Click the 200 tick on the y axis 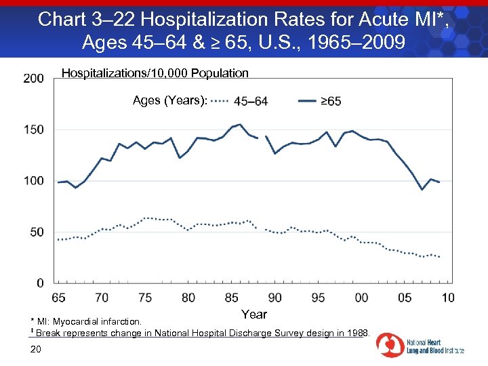coord(33,79)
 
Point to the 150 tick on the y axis coord(33,129)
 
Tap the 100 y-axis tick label coord(33,181)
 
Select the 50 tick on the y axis coord(36,232)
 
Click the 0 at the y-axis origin coord(40,283)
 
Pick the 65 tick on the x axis coord(58,298)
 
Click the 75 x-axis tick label coord(145,298)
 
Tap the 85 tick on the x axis coord(232,298)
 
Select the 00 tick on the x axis coord(361,298)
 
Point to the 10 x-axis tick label coord(448,298)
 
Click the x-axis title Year coord(254,314)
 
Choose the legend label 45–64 coord(251,102)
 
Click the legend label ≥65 coord(331,102)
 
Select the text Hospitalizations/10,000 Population coord(155,73)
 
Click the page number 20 coord(37,349)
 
